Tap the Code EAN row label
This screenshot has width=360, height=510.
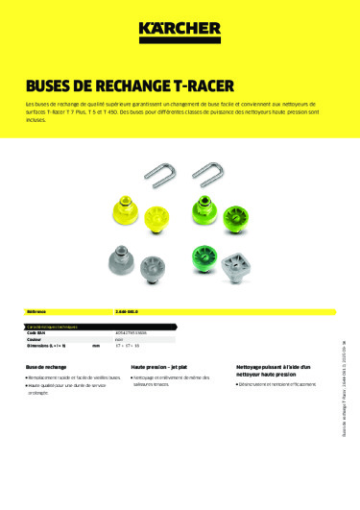pyautogui.click(x=38, y=332)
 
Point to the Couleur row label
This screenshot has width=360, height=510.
pyautogui.click(x=36, y=340)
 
